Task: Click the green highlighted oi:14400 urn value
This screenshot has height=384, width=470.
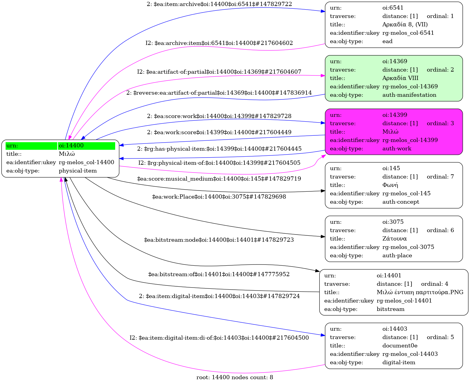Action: (x=71, y=146)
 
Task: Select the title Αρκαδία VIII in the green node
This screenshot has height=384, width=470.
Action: (x=400, y=78)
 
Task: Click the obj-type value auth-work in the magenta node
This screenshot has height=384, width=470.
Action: (x=397, y=149)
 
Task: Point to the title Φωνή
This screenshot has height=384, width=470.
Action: (x=390, y=185)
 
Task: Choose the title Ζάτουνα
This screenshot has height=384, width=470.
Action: (x=394, y=239)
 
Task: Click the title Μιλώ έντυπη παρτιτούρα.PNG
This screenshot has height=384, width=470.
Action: (x=420, y=292)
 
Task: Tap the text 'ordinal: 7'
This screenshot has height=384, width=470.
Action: (x=440, y=177)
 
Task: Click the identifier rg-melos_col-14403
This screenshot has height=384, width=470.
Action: (x=410, y=354)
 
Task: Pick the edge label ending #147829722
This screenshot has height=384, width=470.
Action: (x=219, y=4)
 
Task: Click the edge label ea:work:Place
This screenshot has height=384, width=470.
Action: (x=219, y=197)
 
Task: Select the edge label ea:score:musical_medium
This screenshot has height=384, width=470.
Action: (x=219, y=179)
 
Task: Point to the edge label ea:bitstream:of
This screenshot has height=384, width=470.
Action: (x=219, y=274)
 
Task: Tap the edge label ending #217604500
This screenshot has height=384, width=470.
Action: (x=219, y=338)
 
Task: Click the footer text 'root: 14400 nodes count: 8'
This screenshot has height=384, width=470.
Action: (x=235, y=377)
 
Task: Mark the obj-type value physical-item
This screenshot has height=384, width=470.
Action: (x=78, y=171)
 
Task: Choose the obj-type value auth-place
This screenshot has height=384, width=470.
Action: (x=397, y=256)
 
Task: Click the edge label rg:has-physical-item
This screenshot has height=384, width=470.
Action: (x=219, y=149)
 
